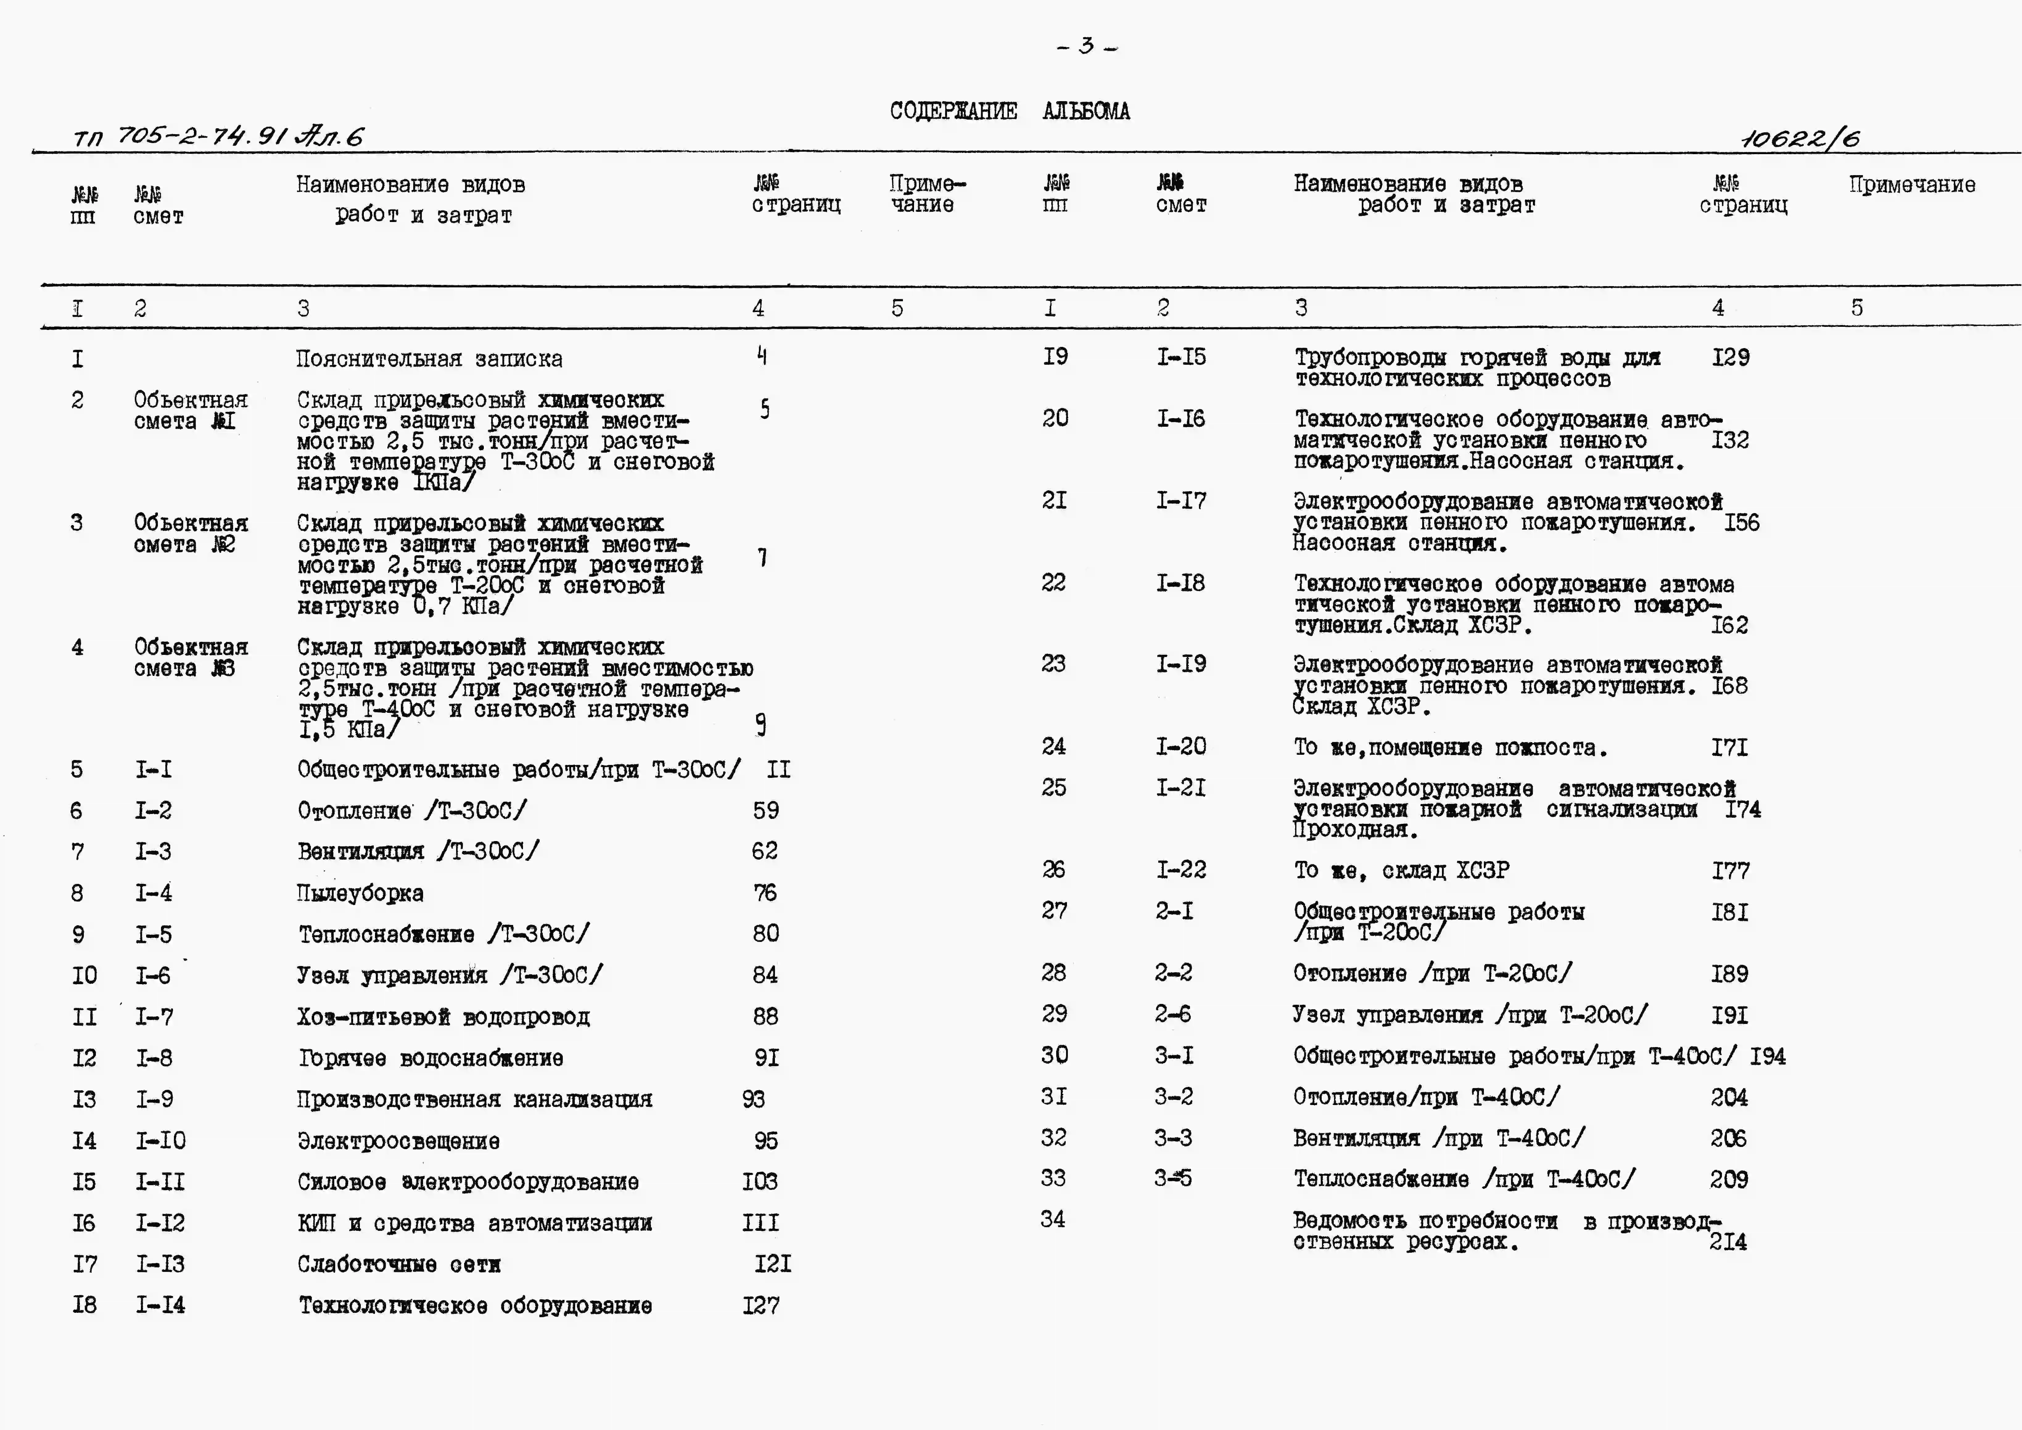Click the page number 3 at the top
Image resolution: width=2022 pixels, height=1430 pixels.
click(1087, 46)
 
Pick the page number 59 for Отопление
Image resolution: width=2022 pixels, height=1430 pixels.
click(765, 810)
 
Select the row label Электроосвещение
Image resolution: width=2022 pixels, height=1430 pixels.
click(398, 1141)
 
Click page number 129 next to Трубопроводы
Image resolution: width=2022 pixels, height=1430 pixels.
click(1731, 358)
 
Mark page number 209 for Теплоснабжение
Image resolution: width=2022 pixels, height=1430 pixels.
click(1729, 1179)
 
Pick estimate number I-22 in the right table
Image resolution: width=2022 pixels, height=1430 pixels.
click(1181, 870)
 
